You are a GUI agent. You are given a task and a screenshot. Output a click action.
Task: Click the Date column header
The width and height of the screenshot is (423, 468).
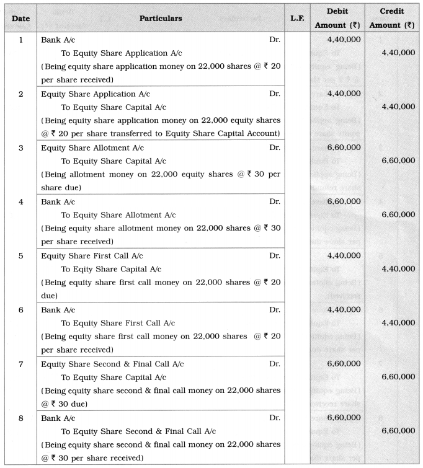click(x=20, y=19)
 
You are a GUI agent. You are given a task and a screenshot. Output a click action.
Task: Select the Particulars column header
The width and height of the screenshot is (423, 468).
click(x=159, y=19)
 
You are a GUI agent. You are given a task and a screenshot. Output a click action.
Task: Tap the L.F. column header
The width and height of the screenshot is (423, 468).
click(x=296, y=19)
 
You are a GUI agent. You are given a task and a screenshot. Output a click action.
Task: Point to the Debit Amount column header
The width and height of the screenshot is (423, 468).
click(x=337, y=18)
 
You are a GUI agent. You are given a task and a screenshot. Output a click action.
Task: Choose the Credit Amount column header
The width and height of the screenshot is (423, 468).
click(x=392, y=18)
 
